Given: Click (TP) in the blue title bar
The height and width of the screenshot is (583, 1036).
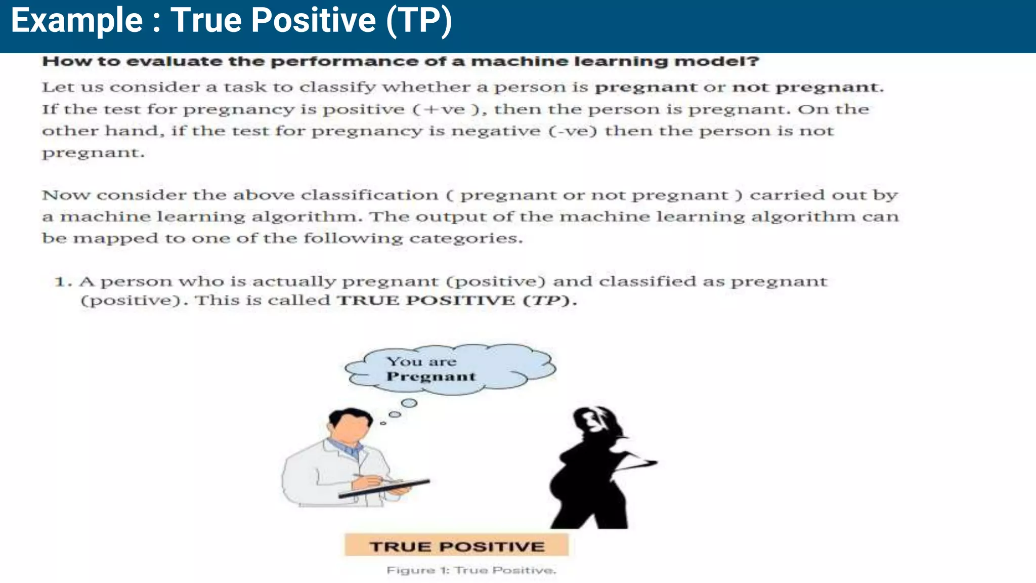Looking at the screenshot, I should tap(419, 21).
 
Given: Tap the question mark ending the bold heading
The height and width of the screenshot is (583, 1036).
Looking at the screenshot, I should tap(754, 62).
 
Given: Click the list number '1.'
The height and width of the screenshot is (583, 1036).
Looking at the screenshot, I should tap(63, 282).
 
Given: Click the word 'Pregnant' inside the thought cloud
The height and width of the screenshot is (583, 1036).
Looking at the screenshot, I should tap(431, 377).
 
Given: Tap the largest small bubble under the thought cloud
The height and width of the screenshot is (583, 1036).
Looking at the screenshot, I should tap(409, 403).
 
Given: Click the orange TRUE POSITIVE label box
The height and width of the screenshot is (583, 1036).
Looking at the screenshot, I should tap(456, 546).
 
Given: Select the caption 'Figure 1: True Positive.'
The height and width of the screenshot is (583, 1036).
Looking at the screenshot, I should tap(471, 570).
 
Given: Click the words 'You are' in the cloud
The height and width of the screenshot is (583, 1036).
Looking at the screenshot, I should tap(421, 361).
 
